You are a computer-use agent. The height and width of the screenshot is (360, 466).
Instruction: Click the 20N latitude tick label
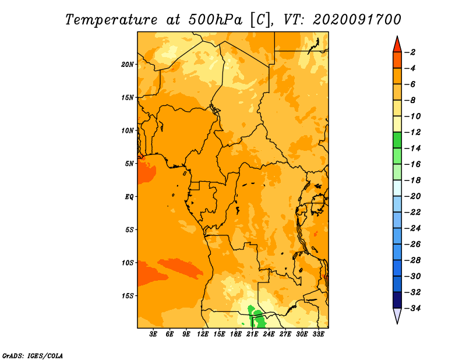[127, 65]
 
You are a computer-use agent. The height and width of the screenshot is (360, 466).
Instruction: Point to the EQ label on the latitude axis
[129, 197]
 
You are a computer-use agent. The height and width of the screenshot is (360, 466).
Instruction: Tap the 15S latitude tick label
[128, 296]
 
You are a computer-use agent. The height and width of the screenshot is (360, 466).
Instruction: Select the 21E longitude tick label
[252, 334]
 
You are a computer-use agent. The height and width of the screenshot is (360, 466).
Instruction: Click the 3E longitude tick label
[153, 334]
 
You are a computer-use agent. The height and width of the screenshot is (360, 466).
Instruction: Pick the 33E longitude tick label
[318, 334]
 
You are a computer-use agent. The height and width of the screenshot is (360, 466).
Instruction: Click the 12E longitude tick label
[202, 334]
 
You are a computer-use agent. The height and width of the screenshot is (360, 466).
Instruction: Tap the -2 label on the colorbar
[410, 52]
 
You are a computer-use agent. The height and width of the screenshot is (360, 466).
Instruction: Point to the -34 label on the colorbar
[412, 308]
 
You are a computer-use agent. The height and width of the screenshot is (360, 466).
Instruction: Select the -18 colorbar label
[412, 181]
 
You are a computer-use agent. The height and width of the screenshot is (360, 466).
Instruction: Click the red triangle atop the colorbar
[397, 45]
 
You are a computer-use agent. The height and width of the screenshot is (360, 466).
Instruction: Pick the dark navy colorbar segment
[397, 300]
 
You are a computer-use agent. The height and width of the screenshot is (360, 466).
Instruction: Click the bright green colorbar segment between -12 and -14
[397, 140]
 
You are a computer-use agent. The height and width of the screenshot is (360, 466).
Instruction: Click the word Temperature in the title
[111, 20]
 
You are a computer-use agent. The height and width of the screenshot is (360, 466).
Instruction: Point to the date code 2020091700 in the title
[357, 20]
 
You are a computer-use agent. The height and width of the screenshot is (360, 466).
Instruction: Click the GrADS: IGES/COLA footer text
[33, 356]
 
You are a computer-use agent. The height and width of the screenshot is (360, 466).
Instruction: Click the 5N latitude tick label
[129, 164]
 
